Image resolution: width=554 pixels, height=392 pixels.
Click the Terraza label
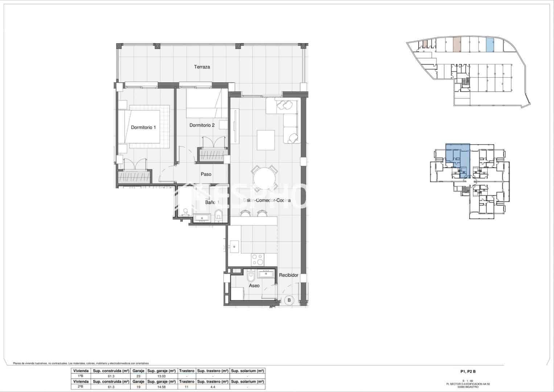coord(202,67)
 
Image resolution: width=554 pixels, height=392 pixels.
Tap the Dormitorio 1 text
coord(143,127)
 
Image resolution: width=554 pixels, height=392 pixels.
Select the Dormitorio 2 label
coord(202,125)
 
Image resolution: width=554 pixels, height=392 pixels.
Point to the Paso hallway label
coord(206,174)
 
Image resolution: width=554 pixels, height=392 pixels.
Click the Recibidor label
coord(288,275)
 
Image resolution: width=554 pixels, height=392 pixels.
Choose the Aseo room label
coord(254,286)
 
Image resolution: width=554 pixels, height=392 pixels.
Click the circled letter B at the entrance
coord(289,300)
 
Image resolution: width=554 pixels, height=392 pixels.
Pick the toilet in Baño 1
coord(218,215)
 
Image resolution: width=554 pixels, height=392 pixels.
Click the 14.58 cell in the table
coord(161,387)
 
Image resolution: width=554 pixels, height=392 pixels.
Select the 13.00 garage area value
coord(161,376)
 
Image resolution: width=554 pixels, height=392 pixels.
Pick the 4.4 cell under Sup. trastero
coord(212,387)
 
